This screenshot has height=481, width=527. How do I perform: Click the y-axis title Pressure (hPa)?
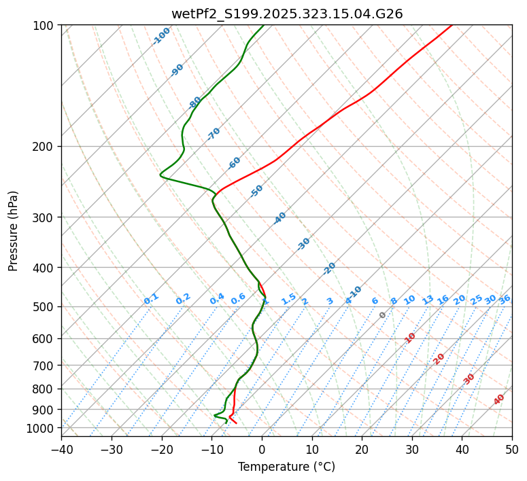14,230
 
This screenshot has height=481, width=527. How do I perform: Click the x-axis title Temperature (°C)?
286,467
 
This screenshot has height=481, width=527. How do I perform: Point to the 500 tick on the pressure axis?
45,307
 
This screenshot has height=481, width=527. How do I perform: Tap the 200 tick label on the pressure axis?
45,146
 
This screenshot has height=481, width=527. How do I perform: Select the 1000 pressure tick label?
42,428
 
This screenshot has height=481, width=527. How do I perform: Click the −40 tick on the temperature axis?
61,449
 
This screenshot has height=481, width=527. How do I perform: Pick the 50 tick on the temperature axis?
512,449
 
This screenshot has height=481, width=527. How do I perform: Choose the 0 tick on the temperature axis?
262,449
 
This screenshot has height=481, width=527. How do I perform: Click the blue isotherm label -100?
161,36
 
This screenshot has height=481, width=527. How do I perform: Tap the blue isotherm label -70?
214,134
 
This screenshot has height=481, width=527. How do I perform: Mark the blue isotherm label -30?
303,244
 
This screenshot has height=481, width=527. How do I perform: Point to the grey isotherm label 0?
383,315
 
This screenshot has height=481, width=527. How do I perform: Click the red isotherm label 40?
499,399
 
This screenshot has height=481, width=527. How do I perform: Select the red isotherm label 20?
439,358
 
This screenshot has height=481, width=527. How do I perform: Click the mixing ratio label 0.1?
151,298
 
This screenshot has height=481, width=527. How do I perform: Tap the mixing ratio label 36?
505,299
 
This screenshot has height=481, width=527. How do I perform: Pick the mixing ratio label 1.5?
288,298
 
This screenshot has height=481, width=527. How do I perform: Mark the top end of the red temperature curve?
452,26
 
